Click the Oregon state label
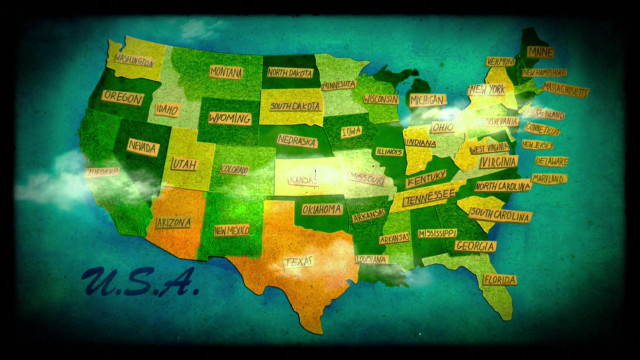click(x=123, y=99)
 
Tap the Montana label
click(x=226, y=72)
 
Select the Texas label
click(x=299, y=262)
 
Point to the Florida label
click(x=499, y=280)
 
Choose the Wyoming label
click(x=230, y=118)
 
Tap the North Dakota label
click(x=289, y=73)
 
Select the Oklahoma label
click(x=322, y=210)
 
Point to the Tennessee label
click(x=428, y=195)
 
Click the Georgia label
click(x=474, y=246)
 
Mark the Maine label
click(x=540, y=52)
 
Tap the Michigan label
click(x=428, y=100)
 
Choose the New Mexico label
click(x=232, y=230)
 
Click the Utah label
click(x=183, y=163)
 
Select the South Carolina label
click(x=500, y=214)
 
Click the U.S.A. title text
click(x=141, y=282)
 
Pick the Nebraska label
click(x=297, y=142)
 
